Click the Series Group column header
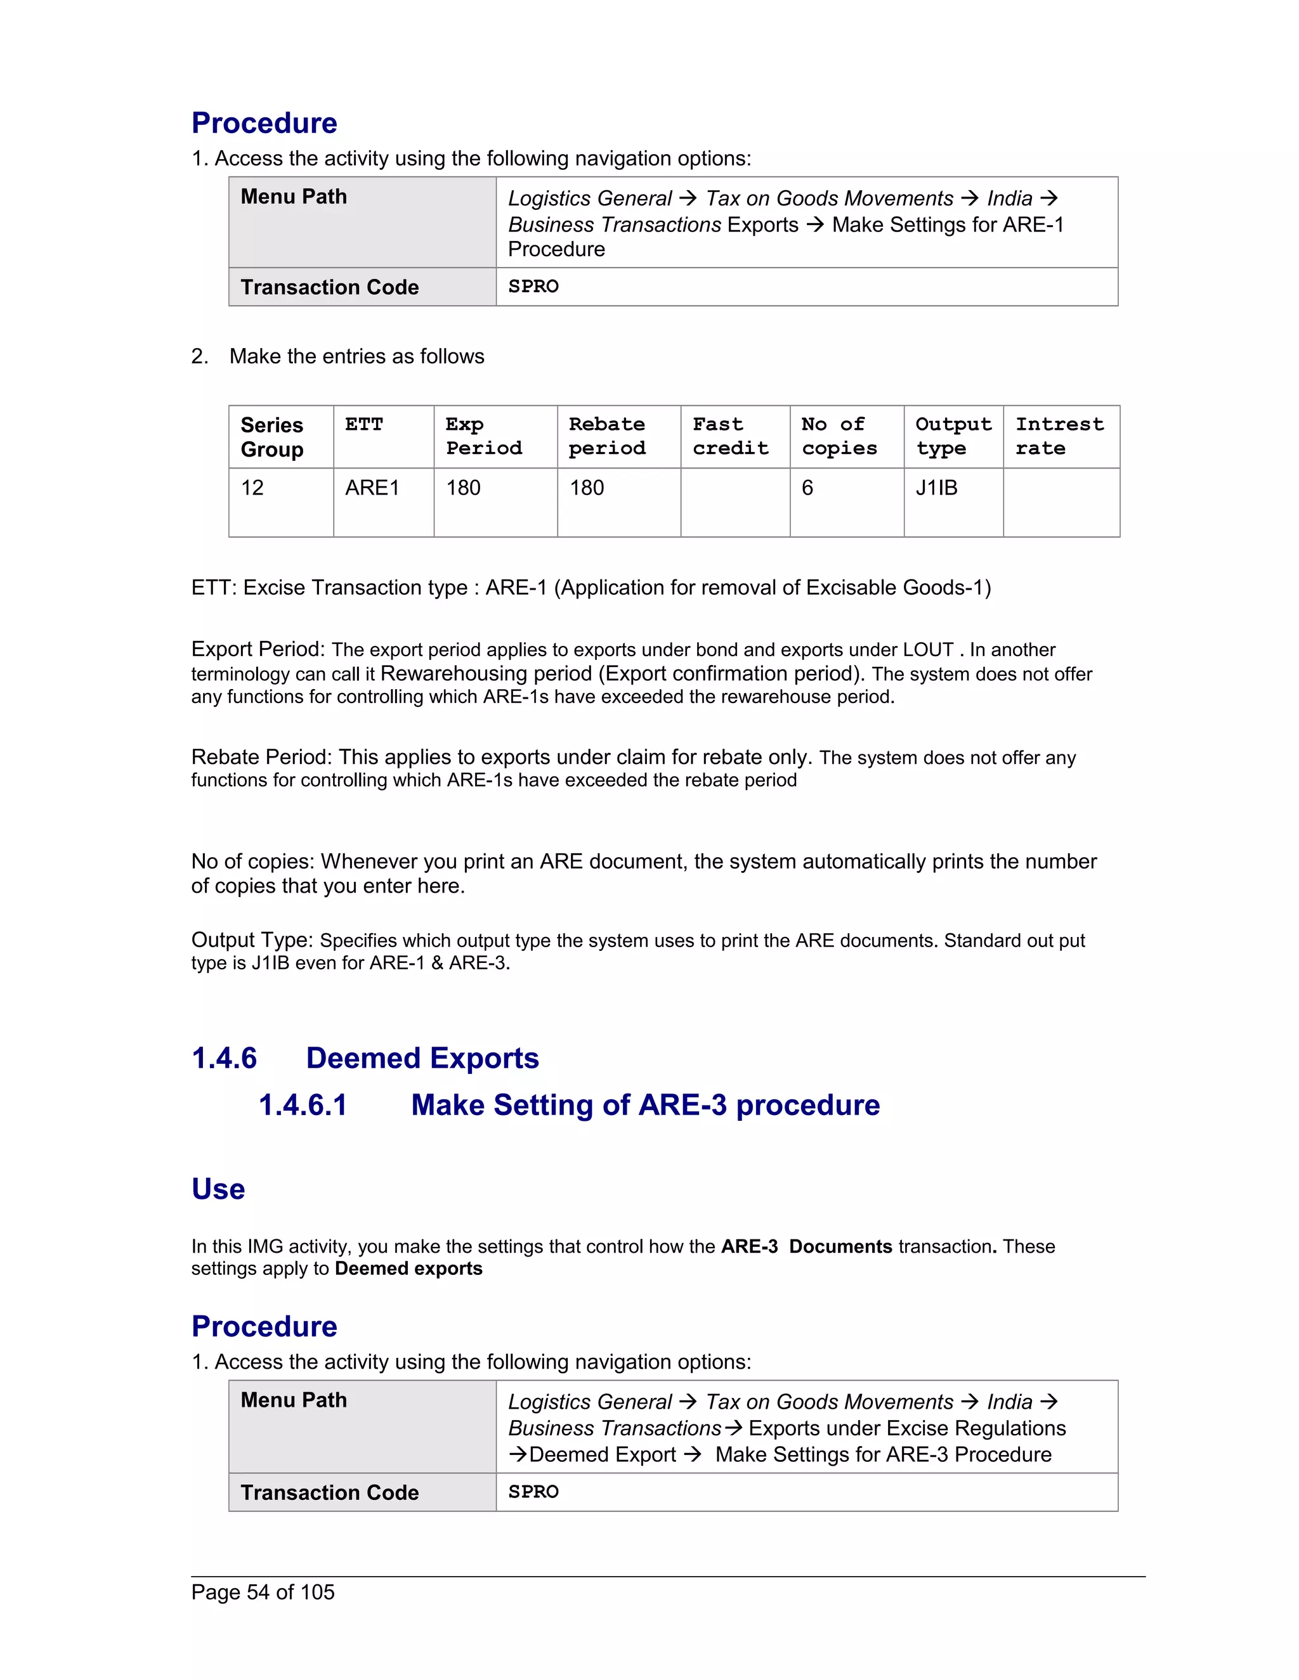coord(271,437)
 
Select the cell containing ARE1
coord(372,488)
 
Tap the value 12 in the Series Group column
coord(252,488)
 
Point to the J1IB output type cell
coord(937,488)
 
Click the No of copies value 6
coord(807,488)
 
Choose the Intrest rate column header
coord(1060,436)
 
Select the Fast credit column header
coord(730,436)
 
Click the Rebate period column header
coord(607,436)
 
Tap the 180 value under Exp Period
coord(463,488)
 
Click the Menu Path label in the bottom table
coord(293,1399)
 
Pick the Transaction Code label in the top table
coord(329,287)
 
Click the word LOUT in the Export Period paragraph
coord(928,650)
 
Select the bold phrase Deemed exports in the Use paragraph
coord(408,1269)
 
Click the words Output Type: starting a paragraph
coord(252,940)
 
